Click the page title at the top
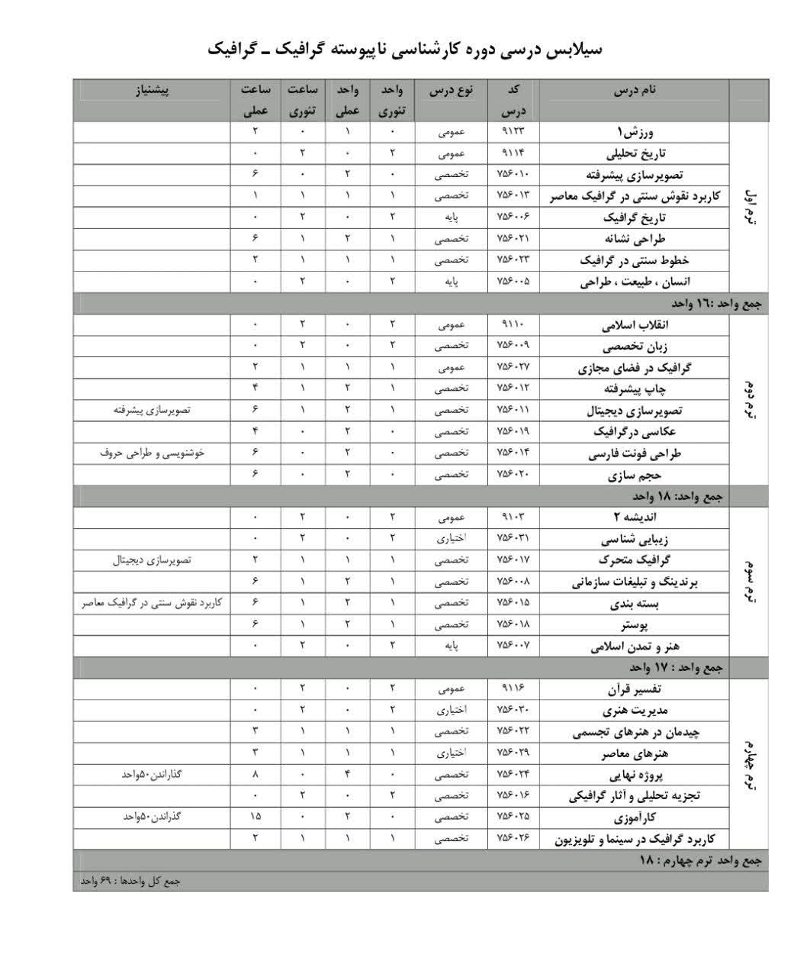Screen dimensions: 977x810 tap(404, 50)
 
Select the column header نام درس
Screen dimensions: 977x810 tap(634, 90)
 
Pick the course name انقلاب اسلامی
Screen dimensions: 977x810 tap(641, 324)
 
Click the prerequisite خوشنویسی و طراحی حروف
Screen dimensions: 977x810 tap(153, 453)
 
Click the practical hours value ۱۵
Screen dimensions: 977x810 tap(255, 817)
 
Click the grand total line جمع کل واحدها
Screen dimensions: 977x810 tap(130, 881)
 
